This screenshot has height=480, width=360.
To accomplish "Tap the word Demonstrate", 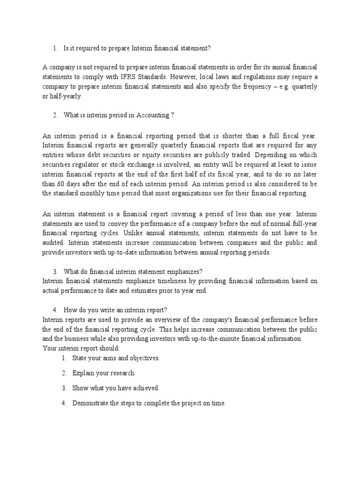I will pos(91,403).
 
